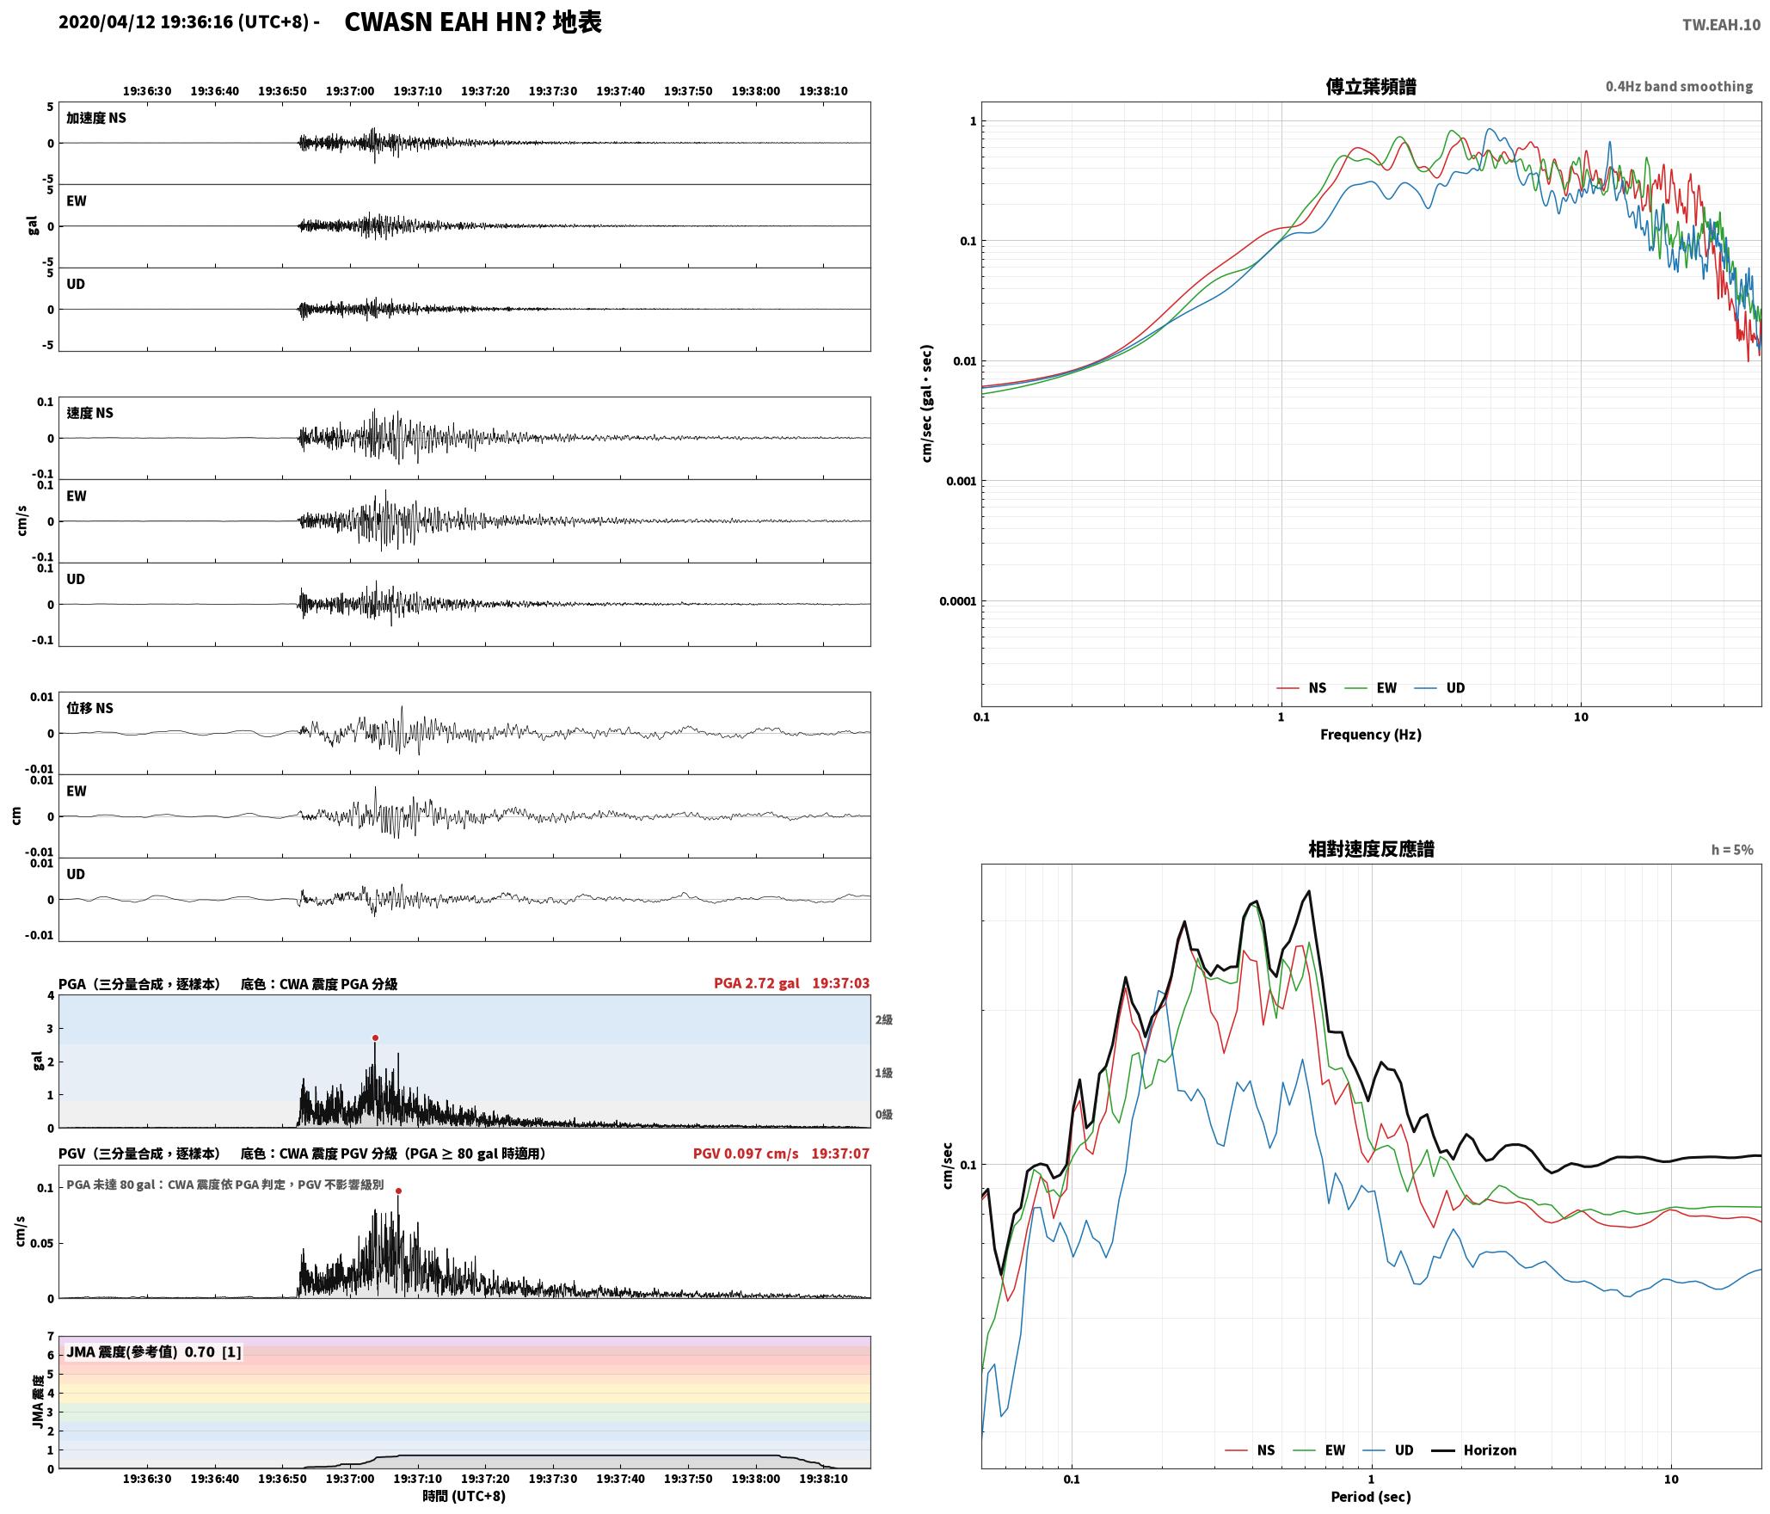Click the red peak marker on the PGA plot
(375, 1037)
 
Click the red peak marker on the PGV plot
(398, 1191)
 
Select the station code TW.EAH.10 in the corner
(1721, 25)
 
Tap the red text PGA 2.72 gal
(756, 983)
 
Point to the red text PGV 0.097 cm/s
(746, 1153)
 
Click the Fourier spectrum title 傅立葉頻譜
(1371, 86)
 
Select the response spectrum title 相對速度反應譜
(1371, 849)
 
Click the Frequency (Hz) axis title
(1371, 734)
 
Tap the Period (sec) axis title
(1371, 1496)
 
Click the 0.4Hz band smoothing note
(1679, 86)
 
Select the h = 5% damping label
(1732, 849)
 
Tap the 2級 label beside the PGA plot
(884, 1019)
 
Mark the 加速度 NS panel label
(96, 118)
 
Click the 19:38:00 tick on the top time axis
(756, 90)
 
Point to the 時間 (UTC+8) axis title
(464, 1496)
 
